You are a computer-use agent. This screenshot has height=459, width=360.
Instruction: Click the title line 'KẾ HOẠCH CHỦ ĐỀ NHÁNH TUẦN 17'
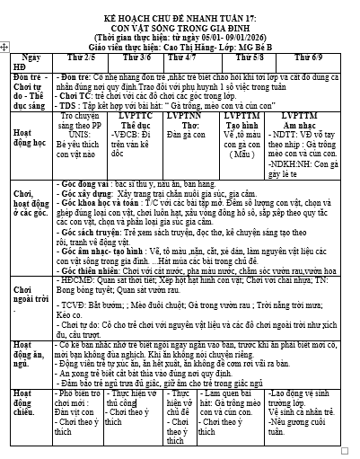pos(180,9)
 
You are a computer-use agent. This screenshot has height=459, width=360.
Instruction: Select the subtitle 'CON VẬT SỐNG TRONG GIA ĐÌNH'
pos(180,19)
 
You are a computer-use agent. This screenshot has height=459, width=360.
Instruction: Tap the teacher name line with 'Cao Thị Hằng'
pos(180,39)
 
